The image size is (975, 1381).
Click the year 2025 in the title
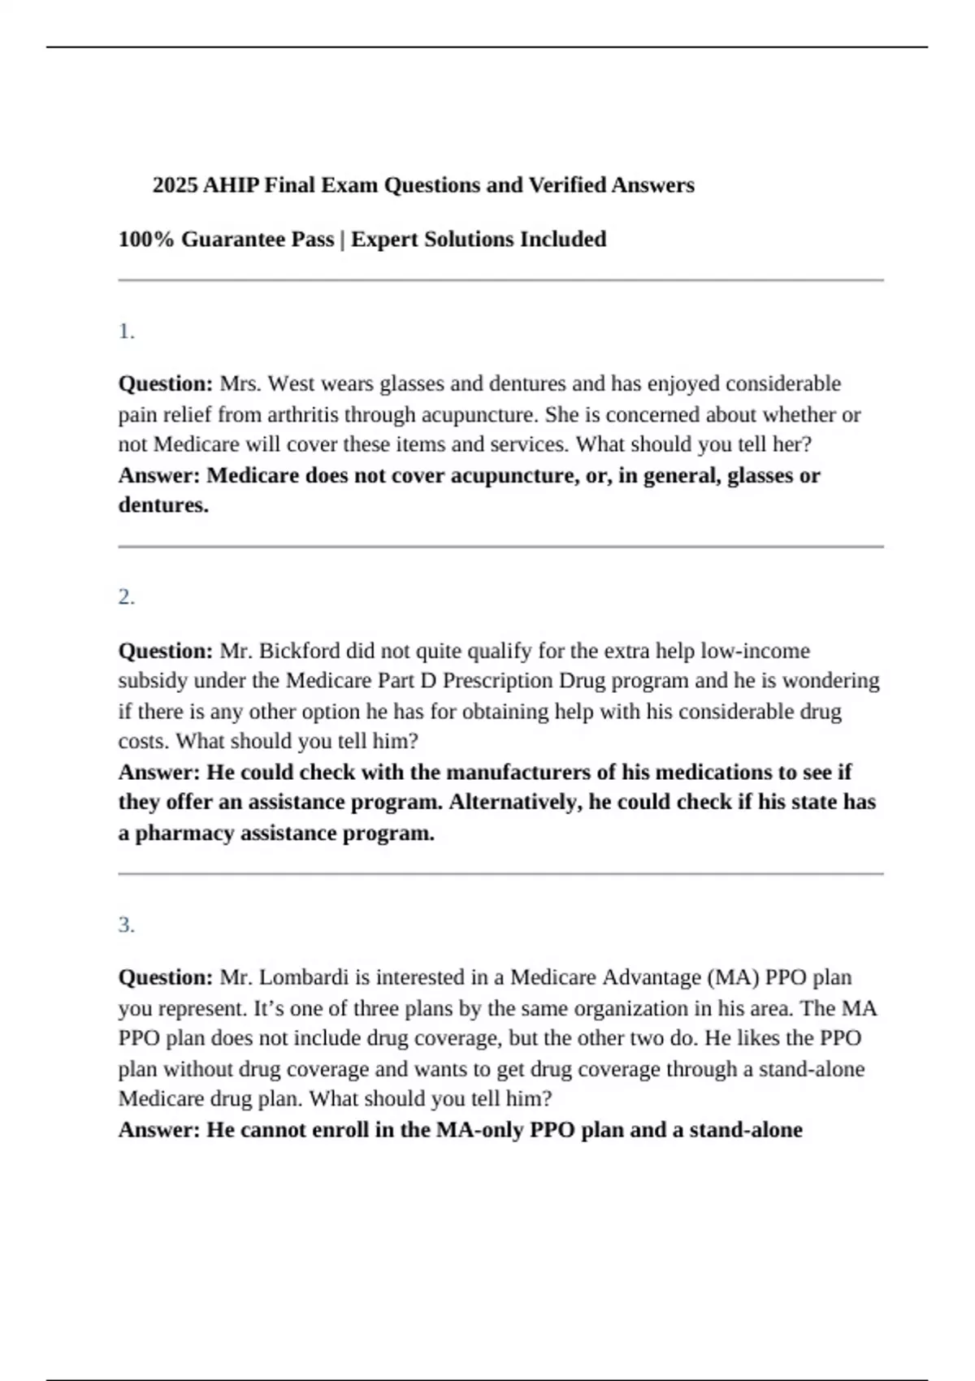175,185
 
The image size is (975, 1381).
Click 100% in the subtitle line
145,240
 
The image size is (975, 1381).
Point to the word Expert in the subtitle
383,240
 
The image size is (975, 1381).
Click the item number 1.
126,331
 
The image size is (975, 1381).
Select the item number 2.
126,597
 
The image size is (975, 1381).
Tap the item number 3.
126,924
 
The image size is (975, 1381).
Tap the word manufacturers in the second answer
518,772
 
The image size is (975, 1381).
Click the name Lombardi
305,977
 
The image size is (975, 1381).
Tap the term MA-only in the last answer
479,1130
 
